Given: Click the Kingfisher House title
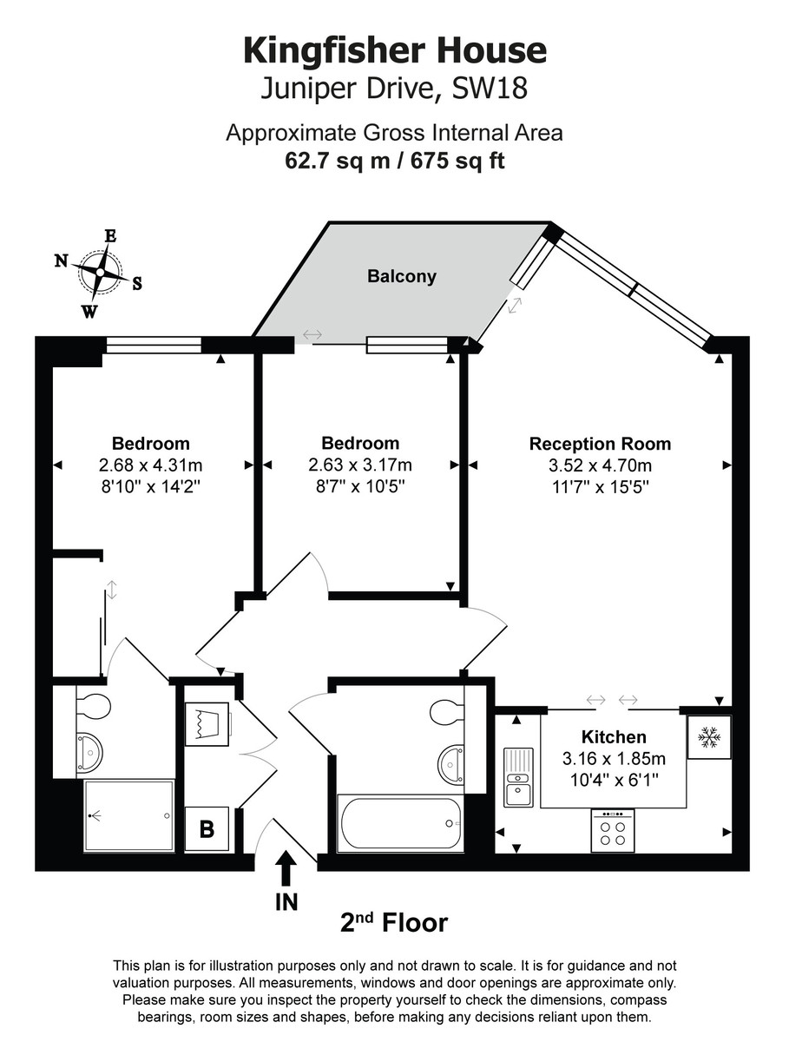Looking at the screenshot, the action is (395, 52).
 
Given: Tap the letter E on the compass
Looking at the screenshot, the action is (110, 236).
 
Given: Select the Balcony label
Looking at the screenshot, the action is (401, 276).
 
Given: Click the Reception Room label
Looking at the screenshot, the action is (600, 444).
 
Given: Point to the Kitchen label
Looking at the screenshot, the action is (614, 736).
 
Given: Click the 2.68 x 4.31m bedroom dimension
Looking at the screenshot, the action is (151, 465).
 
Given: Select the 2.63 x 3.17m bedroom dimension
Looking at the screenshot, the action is (360, 465).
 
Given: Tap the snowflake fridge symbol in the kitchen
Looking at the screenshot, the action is (709, 737).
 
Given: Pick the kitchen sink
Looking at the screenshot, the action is (518, 776).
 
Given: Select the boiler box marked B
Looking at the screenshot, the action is (207, 829).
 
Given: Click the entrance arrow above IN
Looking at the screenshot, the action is (286, 867).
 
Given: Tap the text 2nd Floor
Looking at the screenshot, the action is (394, 922).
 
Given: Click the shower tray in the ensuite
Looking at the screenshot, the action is (129, 815).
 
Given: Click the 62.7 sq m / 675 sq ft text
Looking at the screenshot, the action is (394, 161).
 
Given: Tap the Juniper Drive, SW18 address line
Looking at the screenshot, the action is (394, 89).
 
